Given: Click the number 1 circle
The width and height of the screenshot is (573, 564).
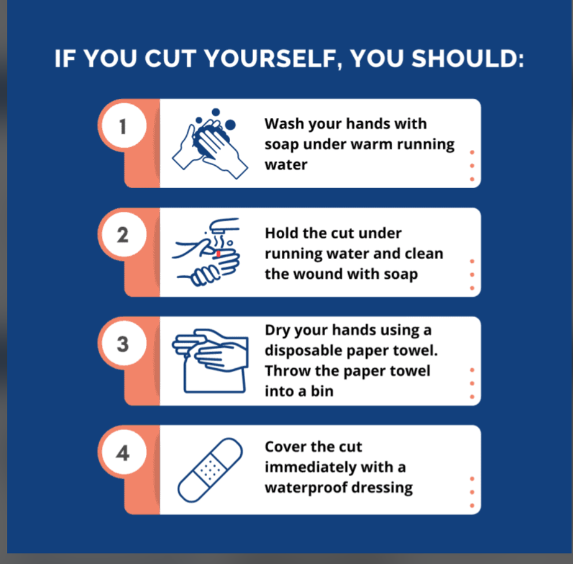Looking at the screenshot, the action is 124,125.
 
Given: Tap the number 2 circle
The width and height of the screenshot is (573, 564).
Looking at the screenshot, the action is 124,234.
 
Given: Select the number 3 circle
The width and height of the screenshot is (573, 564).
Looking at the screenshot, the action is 124,343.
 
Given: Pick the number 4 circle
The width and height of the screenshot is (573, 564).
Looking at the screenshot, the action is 124,453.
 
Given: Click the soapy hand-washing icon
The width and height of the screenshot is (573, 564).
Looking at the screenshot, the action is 209,144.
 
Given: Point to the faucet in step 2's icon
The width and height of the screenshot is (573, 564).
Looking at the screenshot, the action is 224,225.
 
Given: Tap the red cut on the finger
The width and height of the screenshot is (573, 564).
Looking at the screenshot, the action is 218,253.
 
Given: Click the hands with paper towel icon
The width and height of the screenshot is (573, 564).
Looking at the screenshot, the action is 210,361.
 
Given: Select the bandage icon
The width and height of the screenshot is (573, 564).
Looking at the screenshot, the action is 210,470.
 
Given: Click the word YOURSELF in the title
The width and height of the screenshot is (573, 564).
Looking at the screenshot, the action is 270,58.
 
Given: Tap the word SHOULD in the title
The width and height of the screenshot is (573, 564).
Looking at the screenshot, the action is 464,58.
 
